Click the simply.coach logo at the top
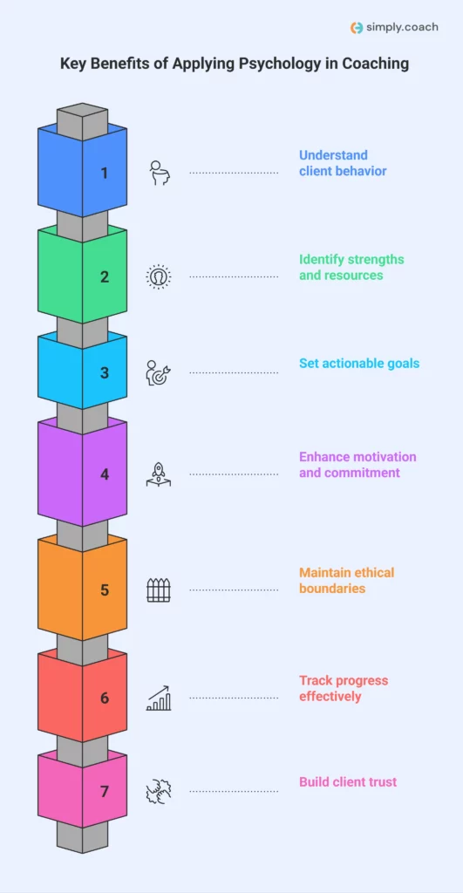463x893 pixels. click(x=393, y=27)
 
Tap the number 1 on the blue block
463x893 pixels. click(x=105, y=173)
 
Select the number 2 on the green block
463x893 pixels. click(x=105, y=277)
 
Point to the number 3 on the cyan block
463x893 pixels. click(x=105, y=372)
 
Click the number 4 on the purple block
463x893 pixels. click(x=105, y=474)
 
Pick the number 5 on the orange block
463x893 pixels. click(x=105, y=590)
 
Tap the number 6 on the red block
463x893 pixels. click(x=105, y=698)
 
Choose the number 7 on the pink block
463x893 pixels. click(x=105, y=791)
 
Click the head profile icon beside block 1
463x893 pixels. click(x=159, y=173)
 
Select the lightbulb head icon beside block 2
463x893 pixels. click(x=159, y=276)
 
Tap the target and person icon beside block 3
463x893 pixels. click(x=159, y=372)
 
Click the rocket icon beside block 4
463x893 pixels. click(x=159, y=474)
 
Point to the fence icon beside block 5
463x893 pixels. click(x=159, y=590)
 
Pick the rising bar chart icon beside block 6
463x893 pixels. click(x=159, y=698)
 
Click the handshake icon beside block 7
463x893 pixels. click(x=159, y=791)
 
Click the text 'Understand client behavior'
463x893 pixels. click(x=343, y=163)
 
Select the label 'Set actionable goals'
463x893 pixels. click(x=359, y=364)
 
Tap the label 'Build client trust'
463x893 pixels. click(x=348, y=781)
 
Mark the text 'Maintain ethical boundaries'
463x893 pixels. click(x=346, y=580)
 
